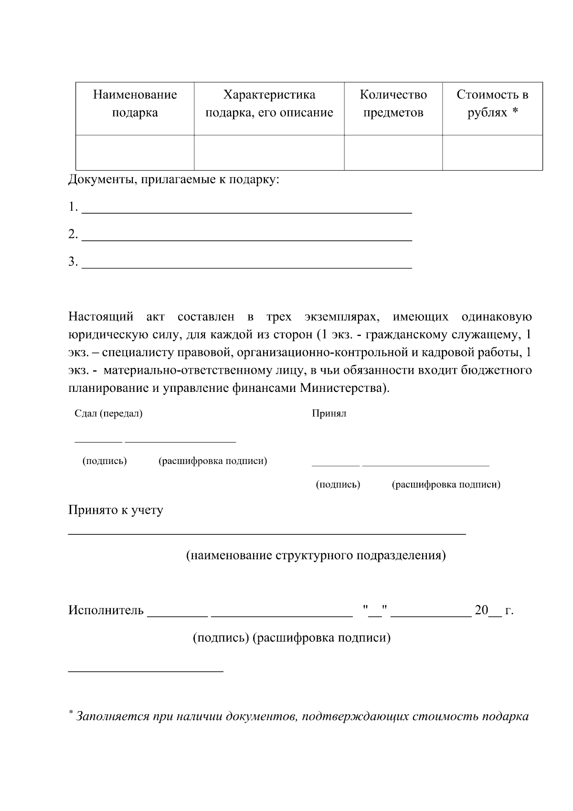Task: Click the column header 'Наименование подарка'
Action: click(135, 104)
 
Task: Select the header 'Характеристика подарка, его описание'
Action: click(269, 104)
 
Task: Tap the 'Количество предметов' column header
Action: click(393, 104)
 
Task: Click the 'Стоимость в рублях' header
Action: click(492, 104)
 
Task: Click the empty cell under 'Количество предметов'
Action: click(393, 152)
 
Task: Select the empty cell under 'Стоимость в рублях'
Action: click(492, 152)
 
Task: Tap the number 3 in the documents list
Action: click(72, 261)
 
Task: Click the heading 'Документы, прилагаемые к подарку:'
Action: click(173, 180)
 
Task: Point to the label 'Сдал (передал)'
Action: click(108, 413)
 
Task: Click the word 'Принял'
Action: click(329, 413)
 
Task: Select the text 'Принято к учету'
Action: click(116, 510)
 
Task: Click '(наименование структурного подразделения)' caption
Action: click(316, 555)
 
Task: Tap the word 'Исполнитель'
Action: click(106, 610)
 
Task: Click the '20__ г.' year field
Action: click(493, 610)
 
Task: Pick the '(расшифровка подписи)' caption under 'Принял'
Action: click(446, 485)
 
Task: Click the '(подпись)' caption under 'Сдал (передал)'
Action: click(105, 461)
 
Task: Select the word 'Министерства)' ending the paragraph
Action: click(345, 388)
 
